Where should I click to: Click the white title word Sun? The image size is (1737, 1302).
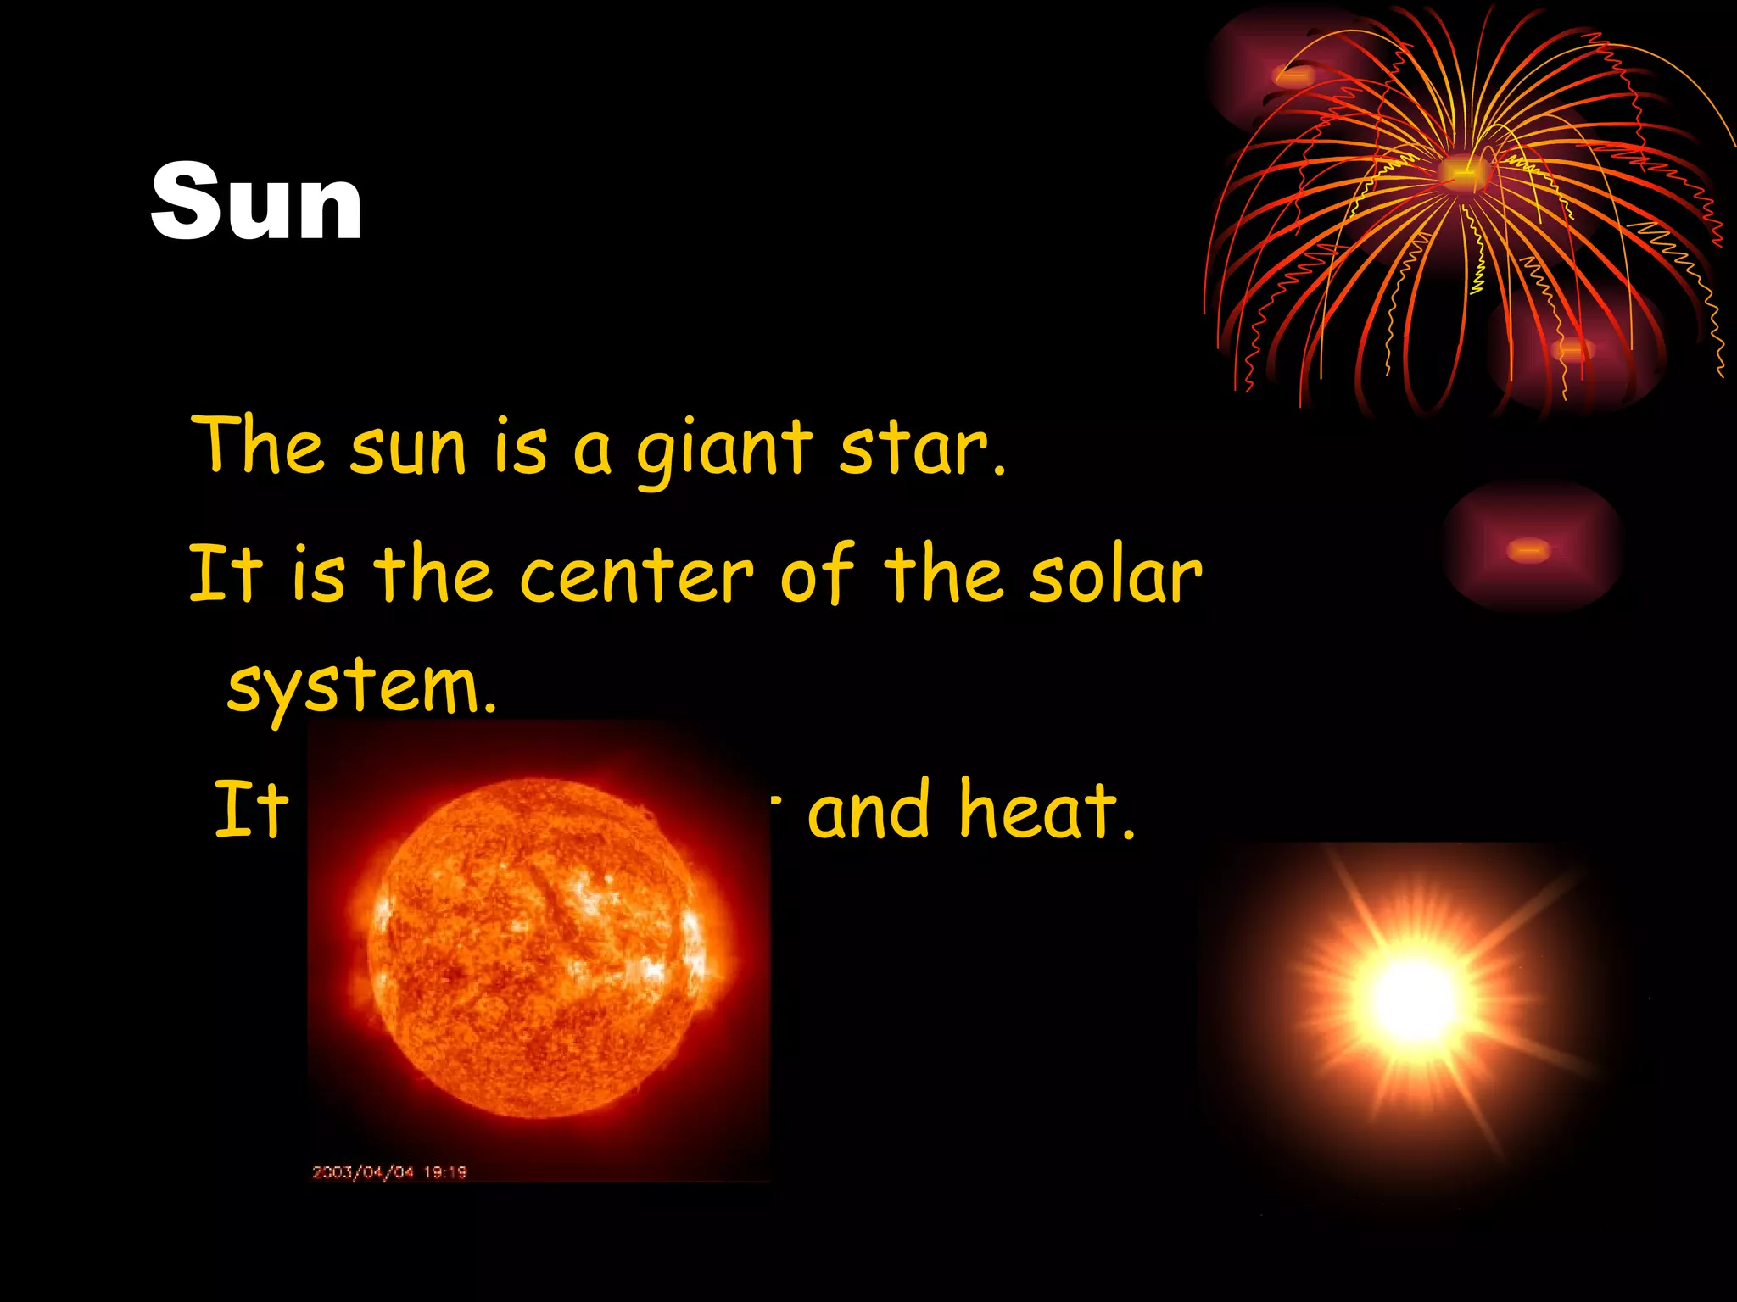[x=256, y=203]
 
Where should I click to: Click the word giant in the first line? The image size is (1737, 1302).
[x=723, y=449]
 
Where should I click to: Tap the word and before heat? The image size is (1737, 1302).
[x=868, y=812]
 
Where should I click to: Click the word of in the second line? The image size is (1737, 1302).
[x=816, y=575]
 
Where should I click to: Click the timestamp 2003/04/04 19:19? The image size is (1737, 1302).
[x=389, y=1172]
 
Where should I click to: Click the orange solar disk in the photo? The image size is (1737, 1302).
[x=536, y=948]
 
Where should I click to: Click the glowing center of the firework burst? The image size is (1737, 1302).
[x=1462, y=173]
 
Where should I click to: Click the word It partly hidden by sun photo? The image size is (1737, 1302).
[x=251, y=810]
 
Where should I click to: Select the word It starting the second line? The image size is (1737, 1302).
[x=225, y=575]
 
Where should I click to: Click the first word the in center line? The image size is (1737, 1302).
[x=433, y=575]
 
